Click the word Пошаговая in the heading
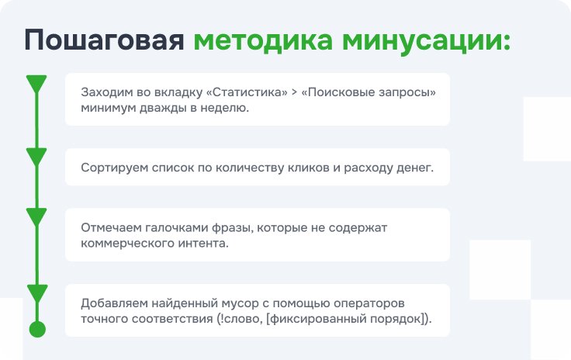105,40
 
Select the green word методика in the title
263,40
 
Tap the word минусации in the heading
426,41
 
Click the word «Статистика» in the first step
247,92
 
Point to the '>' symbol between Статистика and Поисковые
295,92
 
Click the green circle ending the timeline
37,329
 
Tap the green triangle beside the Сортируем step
36,157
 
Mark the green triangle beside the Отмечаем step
36,217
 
